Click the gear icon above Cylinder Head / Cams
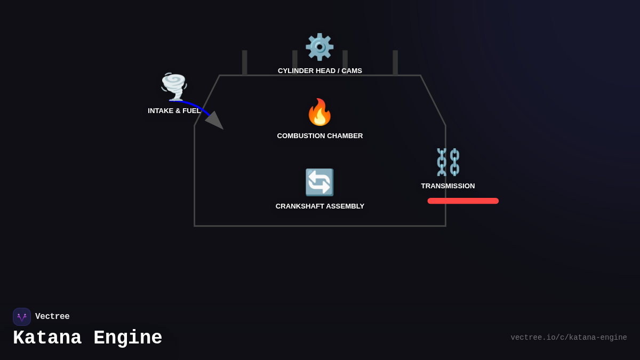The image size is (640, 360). click(319, 47)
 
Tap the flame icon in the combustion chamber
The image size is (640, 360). click(319, 112)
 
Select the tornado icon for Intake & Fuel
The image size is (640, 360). click(174, 86)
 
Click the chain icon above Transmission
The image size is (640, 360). click(448, 162)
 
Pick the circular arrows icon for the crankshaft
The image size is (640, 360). click(319, 182)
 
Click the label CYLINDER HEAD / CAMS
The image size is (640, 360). click(319, 71)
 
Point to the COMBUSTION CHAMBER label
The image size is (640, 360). click(319, 136)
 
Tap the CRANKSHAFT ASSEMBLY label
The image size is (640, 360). click(319, 206)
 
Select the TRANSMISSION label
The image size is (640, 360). click(447, 186)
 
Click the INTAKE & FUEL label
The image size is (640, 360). click(174, 111)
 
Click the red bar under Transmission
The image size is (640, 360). click(463, 201)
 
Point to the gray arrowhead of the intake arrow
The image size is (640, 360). click(215, 121)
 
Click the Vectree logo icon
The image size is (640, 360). click(22, 317)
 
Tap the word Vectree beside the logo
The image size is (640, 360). click(52, 317)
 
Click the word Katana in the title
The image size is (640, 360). click(47, 338)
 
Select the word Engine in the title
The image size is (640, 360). click(128, 338)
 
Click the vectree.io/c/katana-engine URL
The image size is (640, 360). click(569, 338)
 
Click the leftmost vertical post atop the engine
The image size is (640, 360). click(245, 62)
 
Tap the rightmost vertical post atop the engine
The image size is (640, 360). click(395, 62)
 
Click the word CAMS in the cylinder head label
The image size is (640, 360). click(351, 71)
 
